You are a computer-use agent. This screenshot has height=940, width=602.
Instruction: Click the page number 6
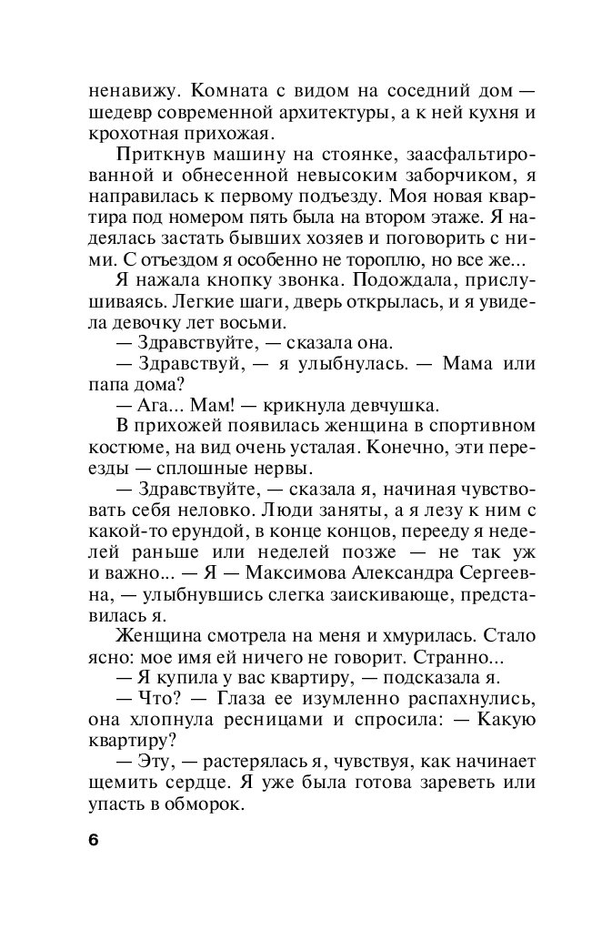93,839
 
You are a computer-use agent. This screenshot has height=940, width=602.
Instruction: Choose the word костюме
124,448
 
